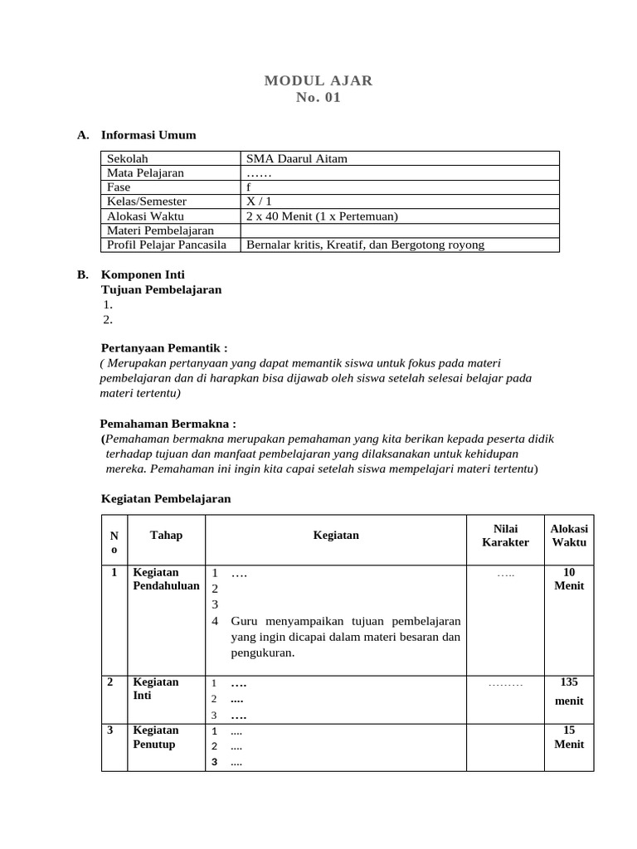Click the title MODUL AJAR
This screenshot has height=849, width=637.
point(318,80)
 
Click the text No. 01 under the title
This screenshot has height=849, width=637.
point(318,98)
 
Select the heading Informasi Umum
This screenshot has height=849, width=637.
point(148,135)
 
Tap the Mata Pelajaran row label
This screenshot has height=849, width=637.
point(146,172)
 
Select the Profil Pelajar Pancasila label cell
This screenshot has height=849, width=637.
point(167,245)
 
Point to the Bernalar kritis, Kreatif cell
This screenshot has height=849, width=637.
point(365,245)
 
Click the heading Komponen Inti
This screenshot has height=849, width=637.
point(143,274)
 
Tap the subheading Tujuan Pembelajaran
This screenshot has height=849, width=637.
point(161,289)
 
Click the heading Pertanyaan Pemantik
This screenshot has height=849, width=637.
point(163,348)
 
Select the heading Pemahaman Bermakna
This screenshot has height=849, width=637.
point(168,423)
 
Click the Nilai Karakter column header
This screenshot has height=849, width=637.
point(505,536)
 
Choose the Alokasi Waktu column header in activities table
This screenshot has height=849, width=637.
point(569,536)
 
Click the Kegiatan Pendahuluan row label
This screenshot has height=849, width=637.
point(166,579)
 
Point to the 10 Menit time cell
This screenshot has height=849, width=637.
point(569,579)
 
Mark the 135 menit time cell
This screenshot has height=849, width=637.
point(569,691)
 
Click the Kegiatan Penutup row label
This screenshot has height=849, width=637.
point(156,737)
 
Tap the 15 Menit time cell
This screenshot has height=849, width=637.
point(569,737)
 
